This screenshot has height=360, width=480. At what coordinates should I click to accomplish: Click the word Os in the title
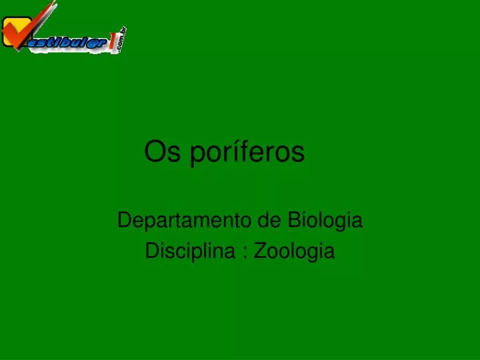click(162, 151)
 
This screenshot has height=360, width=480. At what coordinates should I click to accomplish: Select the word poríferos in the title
click(247, 153)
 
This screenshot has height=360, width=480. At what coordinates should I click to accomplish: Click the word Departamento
click(184, 221)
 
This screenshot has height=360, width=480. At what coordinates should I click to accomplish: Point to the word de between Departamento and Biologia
click(269, 220)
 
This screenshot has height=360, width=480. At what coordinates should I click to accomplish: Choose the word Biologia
click(325, 221)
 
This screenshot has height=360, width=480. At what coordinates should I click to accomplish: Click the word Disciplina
click(190, 251)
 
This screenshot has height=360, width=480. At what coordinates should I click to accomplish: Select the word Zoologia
click(294, 251)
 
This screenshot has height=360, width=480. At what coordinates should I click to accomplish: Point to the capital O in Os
click(155, 151)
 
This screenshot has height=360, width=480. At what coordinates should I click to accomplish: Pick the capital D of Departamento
click(125, 220)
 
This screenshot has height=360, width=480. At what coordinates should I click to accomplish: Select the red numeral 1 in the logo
click(113, 41)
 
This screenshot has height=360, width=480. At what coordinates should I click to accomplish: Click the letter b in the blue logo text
click(64, 43)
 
